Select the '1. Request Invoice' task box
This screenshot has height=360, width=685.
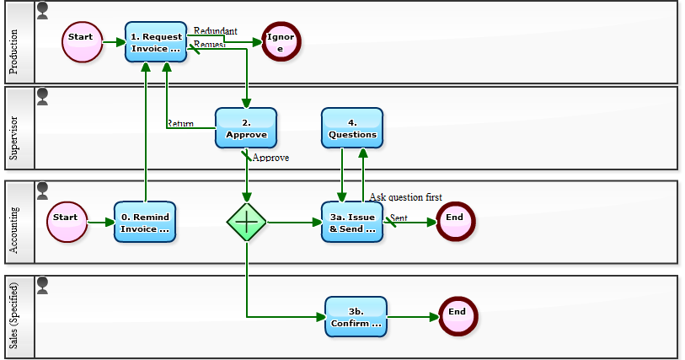[x=156, y=42]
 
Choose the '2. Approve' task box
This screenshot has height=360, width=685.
[x=246, y=128]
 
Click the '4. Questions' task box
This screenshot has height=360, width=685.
[x=352, y=128]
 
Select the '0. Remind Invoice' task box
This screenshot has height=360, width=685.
[x=145, y=222]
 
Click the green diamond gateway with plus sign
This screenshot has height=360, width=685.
[x=247, y=222]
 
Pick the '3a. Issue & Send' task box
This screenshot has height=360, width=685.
[x=352, y=222]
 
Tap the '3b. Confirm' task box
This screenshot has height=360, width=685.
[x=356, y=316]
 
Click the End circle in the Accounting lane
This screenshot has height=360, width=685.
[x=456, y=222]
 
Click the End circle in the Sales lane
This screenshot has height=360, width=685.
[x=458, y=316]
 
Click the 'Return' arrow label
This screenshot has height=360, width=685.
[x=179, y=123]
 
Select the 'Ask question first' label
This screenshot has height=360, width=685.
[x=405, y=197]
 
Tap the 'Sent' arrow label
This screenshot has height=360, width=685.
[x=399, y=218]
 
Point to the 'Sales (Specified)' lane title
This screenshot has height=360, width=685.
[x=14, y=316]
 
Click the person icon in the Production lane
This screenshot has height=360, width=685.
[x=43, y=10]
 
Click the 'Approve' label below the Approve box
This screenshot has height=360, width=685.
[x=270, y=158]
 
